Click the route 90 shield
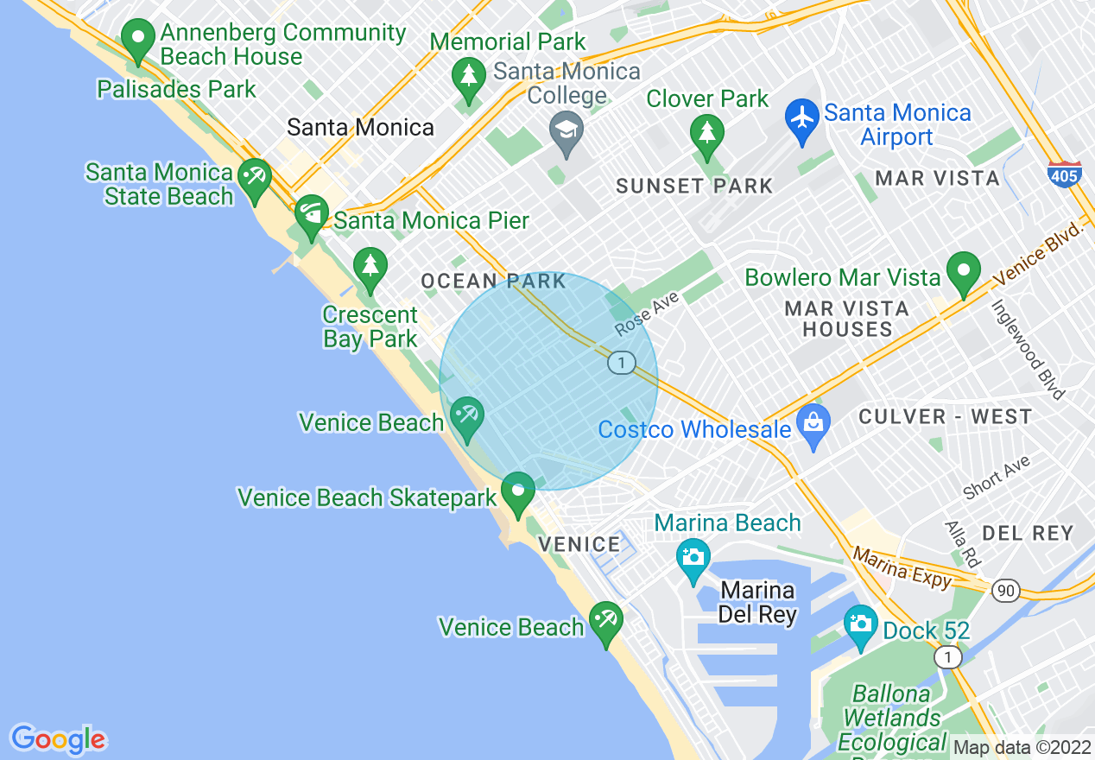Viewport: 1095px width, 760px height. click(x=1005, y=591)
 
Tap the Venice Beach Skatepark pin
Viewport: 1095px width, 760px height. click(x=517, y=492)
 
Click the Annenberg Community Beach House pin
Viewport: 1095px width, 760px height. click(x=137, y=40)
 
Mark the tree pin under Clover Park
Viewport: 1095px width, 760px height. click(x=706, y=135)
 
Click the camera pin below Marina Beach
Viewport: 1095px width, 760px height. click(x=693, y=558)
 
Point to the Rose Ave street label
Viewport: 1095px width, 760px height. click(x=648, y=313)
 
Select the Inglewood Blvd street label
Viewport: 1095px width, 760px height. click(x=1028, y=350)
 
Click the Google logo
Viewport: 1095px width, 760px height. click(x=58, y=739)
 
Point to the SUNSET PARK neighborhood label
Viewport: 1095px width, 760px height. click(x=694, y=186)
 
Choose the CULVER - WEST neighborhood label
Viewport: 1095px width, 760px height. click(x=945, y=417)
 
